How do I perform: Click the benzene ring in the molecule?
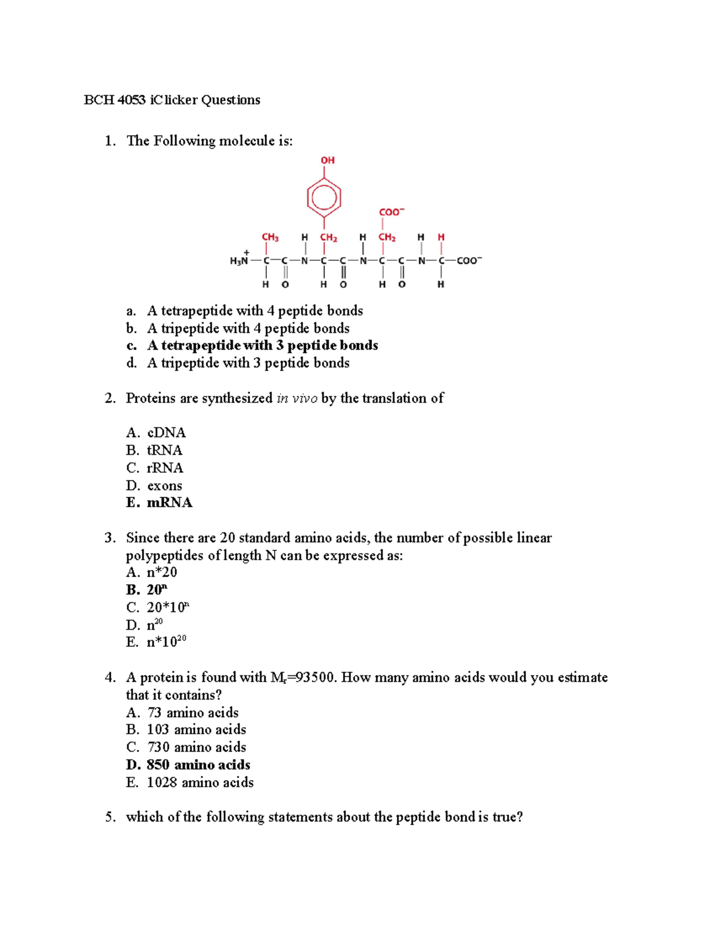[x=324, y=197]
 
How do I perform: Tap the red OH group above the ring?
[x=328, y=160]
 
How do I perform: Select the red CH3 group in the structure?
[x=270, y=237]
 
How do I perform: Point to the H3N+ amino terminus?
[x=240, y=260]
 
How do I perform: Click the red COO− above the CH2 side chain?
[x=391, y=212]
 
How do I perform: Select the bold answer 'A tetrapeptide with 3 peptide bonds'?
[x=262, y=345]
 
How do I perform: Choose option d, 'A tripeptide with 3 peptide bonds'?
[x=248, y=363]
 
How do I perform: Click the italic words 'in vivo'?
[x=297, y=398]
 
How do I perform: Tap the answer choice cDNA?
[x=166, y=432]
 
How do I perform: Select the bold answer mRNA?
[x=169, y=503]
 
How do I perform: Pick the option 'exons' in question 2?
[x=164, y=485]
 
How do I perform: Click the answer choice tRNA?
[x=164, y=450]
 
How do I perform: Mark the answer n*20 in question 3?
[x=161, y=572]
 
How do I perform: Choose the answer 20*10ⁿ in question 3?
[x=167, y=608]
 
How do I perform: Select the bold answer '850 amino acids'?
[x=198, y=765]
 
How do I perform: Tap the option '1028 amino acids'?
[x=200, y=783]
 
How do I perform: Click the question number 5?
[x=110, y=817]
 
